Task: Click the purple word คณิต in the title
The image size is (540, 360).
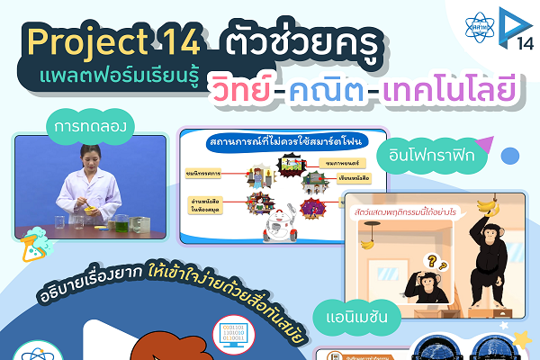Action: coord(349,89)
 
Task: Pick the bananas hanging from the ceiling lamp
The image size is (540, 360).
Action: coord(366,240)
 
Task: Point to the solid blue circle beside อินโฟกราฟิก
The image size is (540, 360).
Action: coord(509,156)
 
